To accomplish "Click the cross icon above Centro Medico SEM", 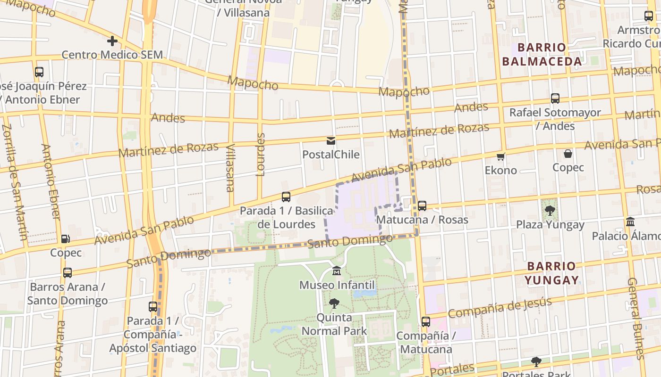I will click(x=112, y=41).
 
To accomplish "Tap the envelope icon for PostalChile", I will click(x=330, y=141).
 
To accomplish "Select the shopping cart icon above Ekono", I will click(x=500, y=156).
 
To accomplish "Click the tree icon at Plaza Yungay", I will click(x=550, y=211).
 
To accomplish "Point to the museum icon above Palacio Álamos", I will click(x=630, y=221).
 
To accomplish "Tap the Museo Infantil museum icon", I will click(x=337, y=271).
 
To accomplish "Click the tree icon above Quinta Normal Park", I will click(x=334, y=303).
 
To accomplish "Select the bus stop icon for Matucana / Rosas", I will click(x=422, y=206).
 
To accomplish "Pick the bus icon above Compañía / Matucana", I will click(x=426, y=322).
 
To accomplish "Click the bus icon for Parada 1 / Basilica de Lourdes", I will click(x=286, y=197).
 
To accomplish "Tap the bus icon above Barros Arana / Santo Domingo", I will click(x=68, y=273).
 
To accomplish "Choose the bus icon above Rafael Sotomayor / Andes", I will click(x=555, y=98).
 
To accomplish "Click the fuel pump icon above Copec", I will click(x=66, y=239).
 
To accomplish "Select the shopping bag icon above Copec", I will click(x=568, y=154).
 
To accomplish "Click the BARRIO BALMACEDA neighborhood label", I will click(x=542, y=54).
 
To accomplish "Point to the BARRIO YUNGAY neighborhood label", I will click(x=551, y=273).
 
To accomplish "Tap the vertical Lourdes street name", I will click(x=261, y=155).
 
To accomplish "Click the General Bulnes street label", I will click(x=636, y=319).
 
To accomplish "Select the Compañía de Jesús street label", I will click(x=500, y=308).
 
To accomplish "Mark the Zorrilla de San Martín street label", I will click(x=14, y=181).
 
